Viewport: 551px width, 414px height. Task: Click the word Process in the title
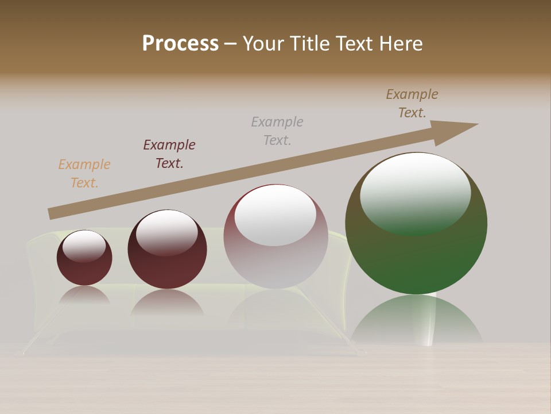pos(180,44)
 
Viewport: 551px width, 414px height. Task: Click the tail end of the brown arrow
pos(52,213)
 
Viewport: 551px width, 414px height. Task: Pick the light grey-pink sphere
pos(275,264)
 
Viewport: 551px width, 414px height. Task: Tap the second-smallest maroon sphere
pos(167,264)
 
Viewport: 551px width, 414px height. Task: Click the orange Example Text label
pos(84,174)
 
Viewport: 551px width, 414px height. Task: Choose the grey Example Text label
pos(277,131)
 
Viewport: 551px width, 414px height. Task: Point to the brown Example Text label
pos(412,103)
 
